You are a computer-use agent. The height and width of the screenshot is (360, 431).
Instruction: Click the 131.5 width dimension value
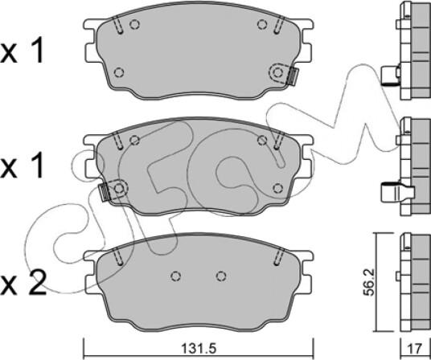[x=199, y=349]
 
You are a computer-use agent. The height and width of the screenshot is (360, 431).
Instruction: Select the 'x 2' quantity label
[x=23, y=283]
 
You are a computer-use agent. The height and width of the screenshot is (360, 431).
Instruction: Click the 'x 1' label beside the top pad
[x=22, y=51]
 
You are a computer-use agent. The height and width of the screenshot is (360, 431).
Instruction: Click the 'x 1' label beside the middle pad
[x=22, y=166]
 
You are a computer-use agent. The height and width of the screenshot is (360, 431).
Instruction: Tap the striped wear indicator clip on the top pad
[x=293, y=76]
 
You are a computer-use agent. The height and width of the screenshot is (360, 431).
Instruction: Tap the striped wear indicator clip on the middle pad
[x=105, y=192]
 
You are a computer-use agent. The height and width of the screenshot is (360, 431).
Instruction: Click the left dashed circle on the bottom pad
[x=175, y=276]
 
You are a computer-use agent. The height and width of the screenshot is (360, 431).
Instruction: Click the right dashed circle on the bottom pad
[x=221, y=276]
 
